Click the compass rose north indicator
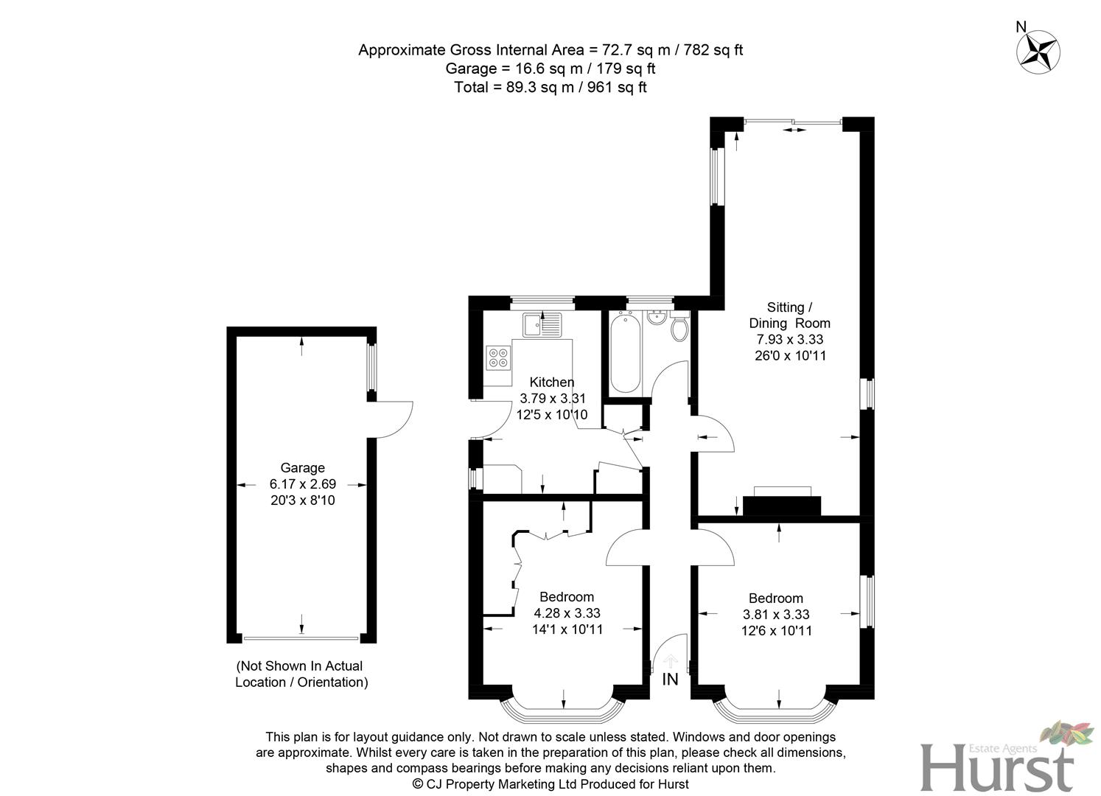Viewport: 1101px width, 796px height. pos(1038,51)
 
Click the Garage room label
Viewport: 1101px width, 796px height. pos(302,468)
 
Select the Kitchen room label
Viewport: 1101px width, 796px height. pos(552,382)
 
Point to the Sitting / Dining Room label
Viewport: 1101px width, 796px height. pos(789,315)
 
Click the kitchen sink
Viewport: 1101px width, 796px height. pos(542,324)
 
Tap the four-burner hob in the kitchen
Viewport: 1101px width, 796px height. pos(499,357)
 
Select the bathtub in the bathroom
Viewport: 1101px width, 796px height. pos(625,353)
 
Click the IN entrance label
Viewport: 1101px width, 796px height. pos(670,680)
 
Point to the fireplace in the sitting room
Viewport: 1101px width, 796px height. pos(782,503)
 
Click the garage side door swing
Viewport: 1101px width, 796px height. pos(391,419)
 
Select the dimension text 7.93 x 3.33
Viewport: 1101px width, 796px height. pos(789,339)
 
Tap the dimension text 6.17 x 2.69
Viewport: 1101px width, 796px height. pos(302,484)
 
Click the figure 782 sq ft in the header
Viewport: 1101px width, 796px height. pos(713,50)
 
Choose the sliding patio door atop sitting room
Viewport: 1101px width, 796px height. pos(793,122)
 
